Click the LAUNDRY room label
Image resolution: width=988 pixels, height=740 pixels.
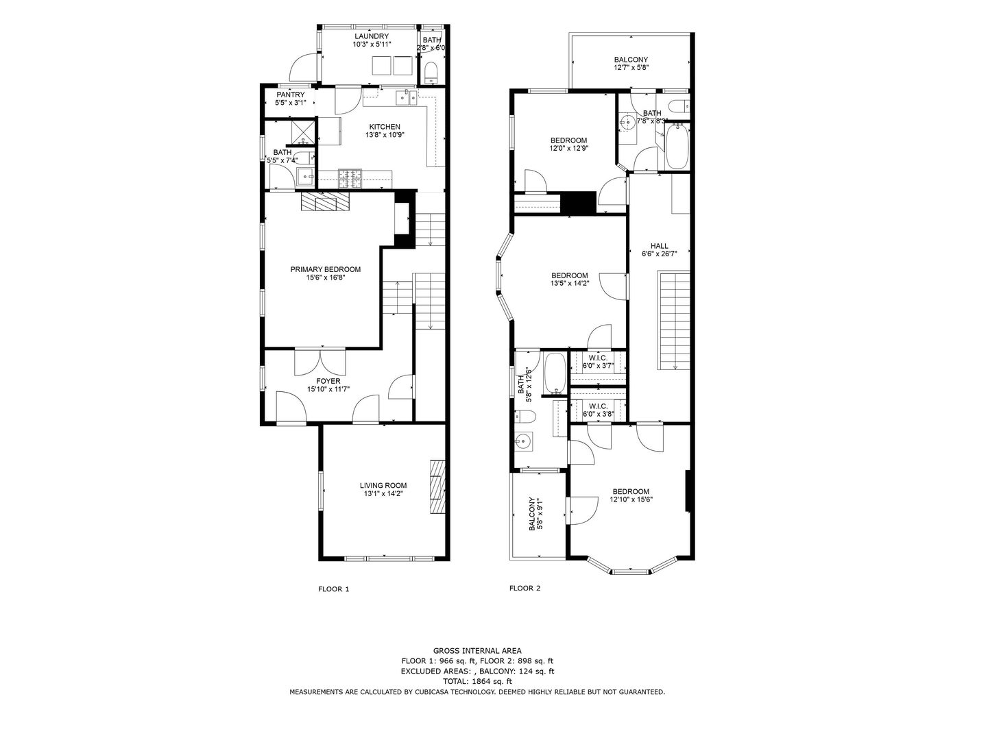372,36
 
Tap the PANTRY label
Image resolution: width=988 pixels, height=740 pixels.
290,95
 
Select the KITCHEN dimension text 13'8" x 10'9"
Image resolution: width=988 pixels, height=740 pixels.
385,135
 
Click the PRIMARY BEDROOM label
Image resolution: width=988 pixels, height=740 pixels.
326,269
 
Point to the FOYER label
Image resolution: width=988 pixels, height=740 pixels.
328,381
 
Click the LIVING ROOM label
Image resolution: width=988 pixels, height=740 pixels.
383,485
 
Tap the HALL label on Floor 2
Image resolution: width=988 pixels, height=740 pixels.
659,246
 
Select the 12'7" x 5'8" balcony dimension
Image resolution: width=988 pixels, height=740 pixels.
631,67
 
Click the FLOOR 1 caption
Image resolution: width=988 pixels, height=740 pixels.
333,589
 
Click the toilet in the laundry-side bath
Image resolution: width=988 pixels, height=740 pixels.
431,73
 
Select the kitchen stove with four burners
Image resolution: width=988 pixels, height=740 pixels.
350,179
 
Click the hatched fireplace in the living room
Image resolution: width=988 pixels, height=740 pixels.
437,486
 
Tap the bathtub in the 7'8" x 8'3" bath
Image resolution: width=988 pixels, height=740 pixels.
677,147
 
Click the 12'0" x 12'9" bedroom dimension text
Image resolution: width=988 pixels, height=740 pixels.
568,148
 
